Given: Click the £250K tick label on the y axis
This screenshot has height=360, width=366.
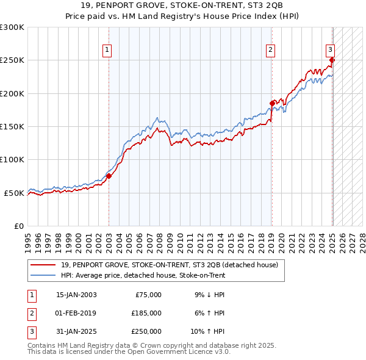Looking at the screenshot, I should point(12,60).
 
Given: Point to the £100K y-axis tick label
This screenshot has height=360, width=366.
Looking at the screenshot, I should point(12,159).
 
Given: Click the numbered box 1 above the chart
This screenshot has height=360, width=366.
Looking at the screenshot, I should point(107,51).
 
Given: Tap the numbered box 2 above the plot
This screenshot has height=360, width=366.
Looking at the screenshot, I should point(270,51).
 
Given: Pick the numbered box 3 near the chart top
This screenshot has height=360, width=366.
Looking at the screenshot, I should point(329,51).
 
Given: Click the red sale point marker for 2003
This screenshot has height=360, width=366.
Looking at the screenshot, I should point(109,176).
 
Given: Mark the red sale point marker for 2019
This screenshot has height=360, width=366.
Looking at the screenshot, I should point(272,104).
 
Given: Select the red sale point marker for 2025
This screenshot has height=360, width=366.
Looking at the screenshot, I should point(332,60).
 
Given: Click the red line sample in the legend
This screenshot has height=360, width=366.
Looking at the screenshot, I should point(43,265).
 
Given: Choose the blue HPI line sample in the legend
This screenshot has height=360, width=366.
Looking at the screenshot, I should point(43,275).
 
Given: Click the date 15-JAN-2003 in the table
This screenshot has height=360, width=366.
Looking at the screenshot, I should point(76,295).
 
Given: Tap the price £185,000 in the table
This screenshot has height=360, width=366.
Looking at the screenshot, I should point(146,313).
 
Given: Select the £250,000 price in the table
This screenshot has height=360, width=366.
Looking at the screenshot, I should point(146,331).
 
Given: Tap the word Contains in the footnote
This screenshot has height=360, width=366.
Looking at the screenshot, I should point(43,345).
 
